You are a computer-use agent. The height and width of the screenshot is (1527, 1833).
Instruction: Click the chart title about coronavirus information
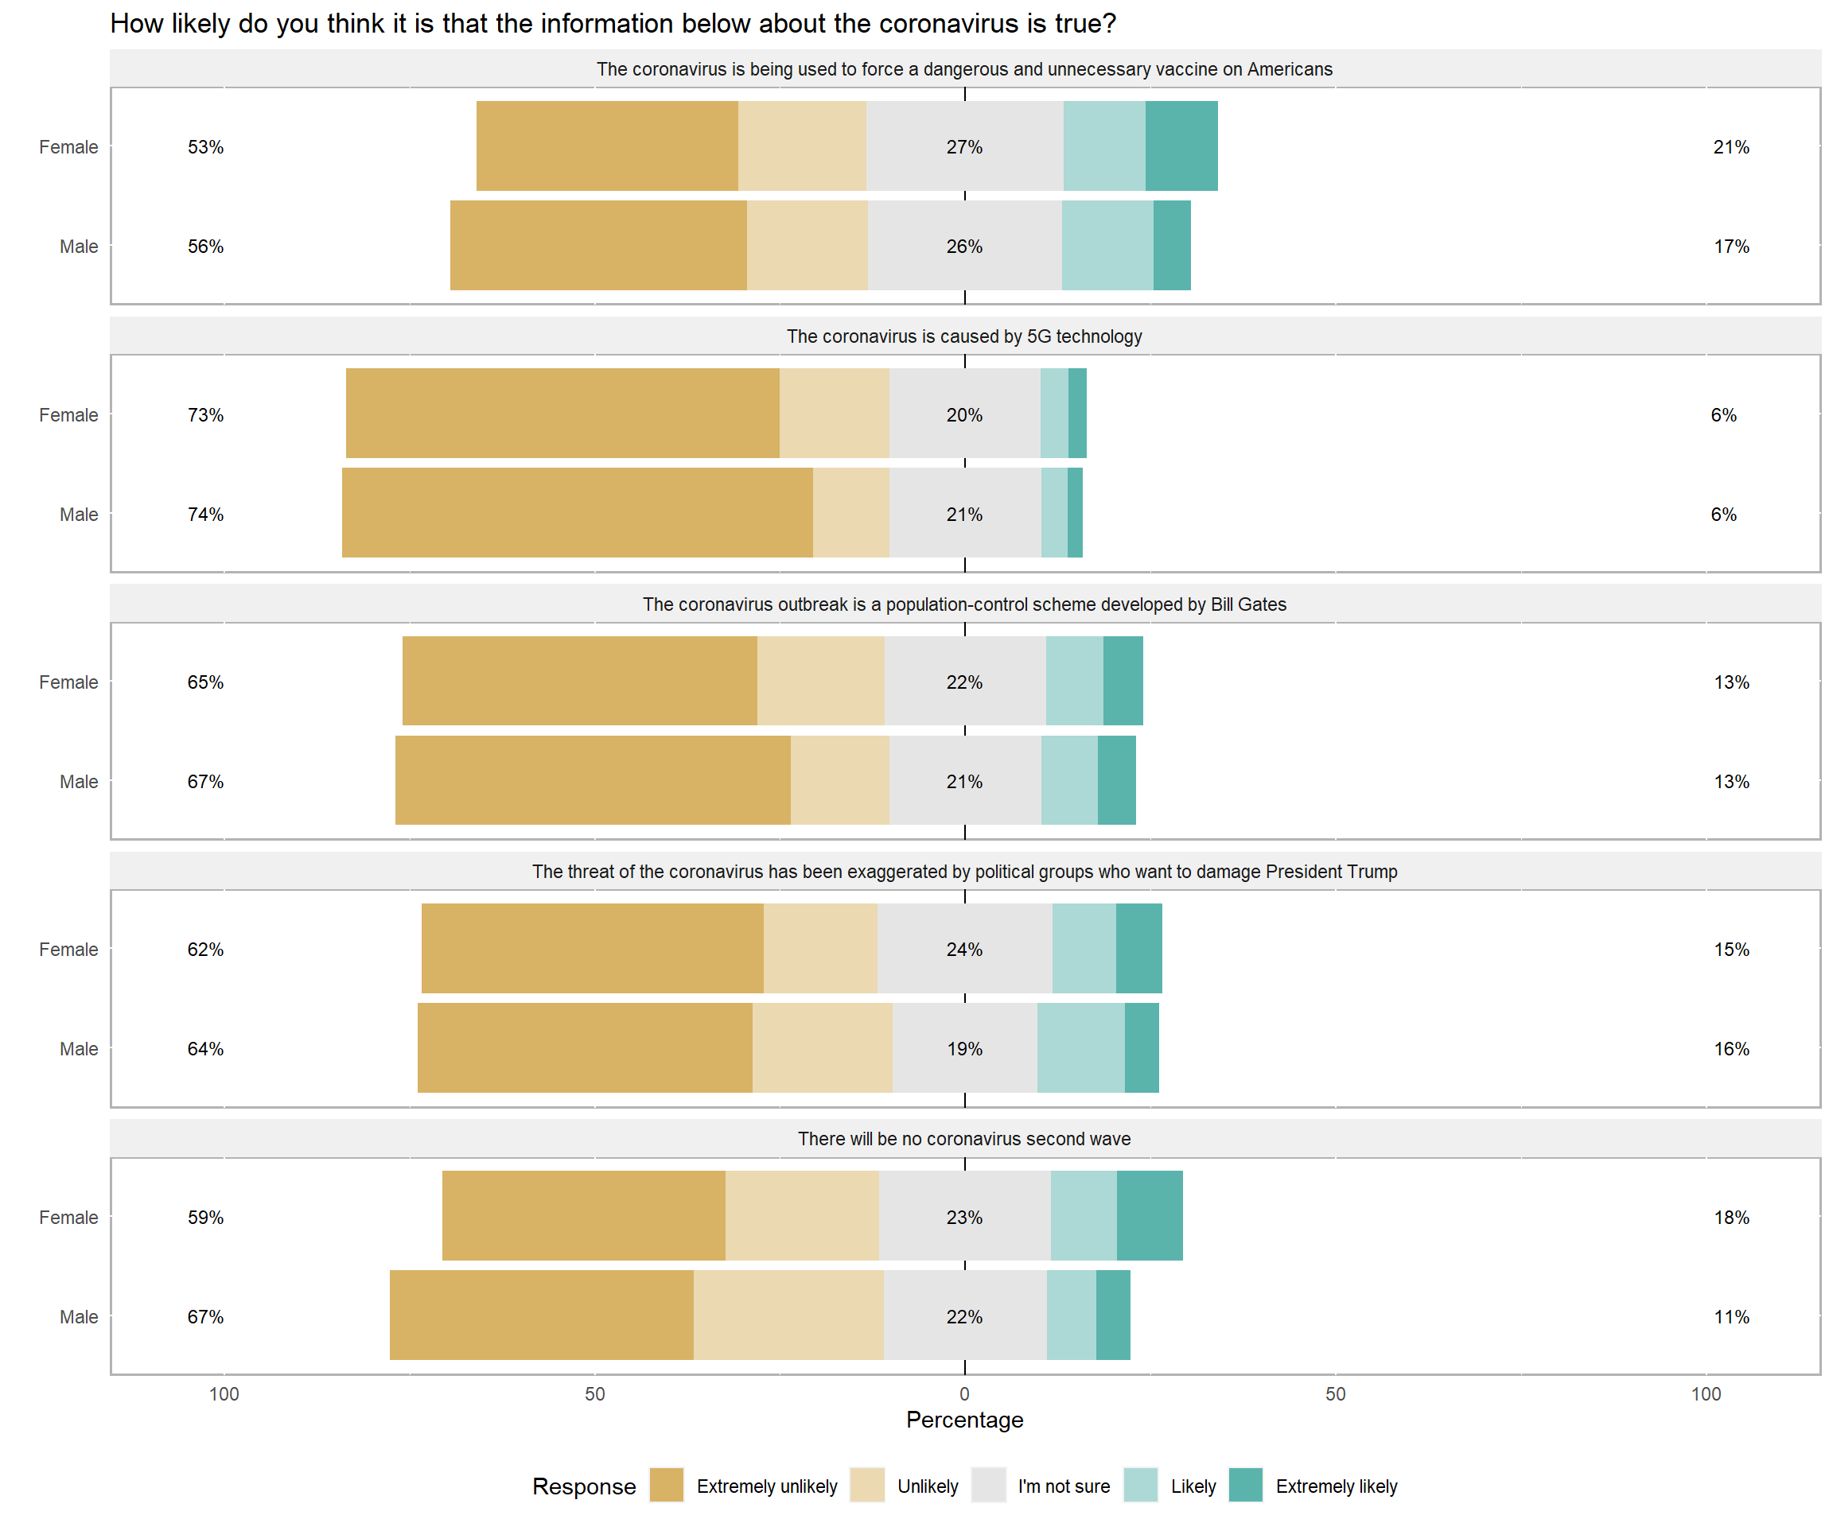tap(613, 24)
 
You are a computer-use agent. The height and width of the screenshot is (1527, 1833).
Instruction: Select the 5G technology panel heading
tap(963, 336)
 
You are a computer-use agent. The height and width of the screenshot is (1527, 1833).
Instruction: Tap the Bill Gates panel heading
tap(963, 604)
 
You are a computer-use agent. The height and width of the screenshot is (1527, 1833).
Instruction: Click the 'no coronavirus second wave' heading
tap(963, 1139)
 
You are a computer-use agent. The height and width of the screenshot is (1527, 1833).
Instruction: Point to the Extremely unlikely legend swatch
tap(667, 1485)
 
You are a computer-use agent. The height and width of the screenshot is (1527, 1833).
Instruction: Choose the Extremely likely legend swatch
tap(1246, 1485)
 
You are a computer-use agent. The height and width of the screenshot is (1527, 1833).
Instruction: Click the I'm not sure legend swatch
tap(988, 1485)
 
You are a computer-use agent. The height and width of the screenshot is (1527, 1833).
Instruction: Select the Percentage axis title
tap(963, 1420)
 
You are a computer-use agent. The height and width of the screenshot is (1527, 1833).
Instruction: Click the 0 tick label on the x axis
tap(963, 1393)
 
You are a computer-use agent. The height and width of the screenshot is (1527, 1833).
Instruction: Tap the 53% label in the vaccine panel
tap(205, 146)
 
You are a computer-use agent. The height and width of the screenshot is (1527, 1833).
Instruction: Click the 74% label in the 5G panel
tap(205, 514)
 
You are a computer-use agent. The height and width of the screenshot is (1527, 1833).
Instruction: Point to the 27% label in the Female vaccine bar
tap(963, 146)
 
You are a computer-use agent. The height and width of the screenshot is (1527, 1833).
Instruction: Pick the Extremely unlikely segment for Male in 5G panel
tap(577, 512)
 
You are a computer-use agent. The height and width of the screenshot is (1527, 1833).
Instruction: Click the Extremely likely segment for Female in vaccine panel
tap(1181, 146)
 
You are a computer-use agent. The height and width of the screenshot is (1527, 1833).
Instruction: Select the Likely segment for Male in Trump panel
tap(1080, 1047)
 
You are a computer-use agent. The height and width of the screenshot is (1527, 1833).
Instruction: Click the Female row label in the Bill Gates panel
tap(68, 682)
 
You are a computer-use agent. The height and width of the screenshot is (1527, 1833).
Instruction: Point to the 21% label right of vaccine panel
tap(1731, 146)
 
